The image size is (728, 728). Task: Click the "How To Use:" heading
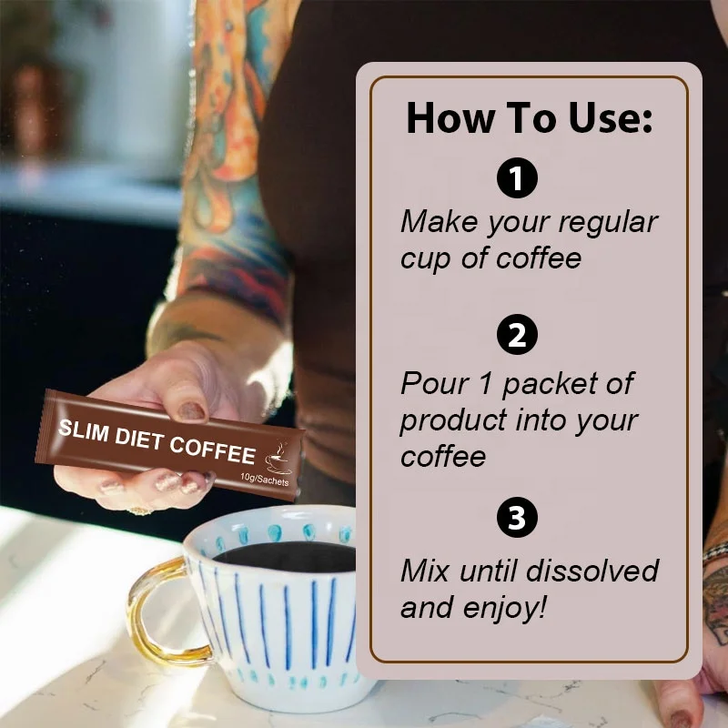pos(529,118)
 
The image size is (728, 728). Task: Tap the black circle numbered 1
pos(517,178)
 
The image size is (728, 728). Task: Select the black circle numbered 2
pos(517,337)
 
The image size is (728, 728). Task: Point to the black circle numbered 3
pos(517,519)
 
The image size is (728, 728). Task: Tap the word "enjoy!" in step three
pos(509,607)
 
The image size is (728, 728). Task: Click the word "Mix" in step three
pos(424,571)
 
